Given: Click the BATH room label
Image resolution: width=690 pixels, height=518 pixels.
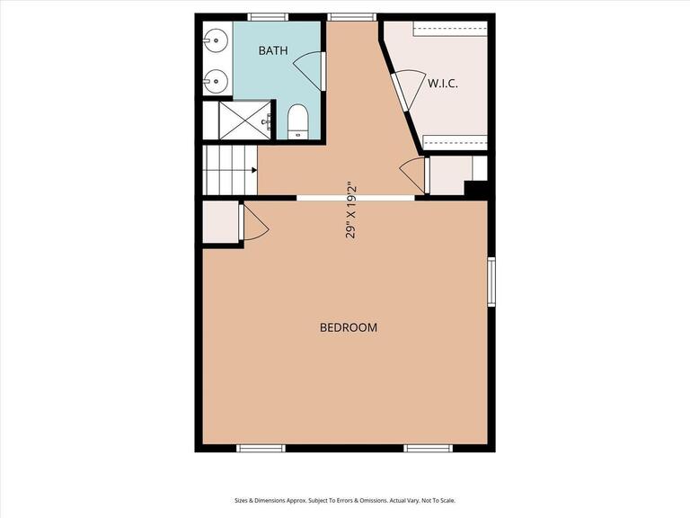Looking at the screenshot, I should pyautogui.click(x=273, y=50).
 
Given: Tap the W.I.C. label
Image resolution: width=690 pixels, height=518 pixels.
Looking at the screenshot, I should pyautogui.click(x=443, y=84).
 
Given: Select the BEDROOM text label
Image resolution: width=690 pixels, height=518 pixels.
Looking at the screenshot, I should pyautogui.click(x=349, y=327).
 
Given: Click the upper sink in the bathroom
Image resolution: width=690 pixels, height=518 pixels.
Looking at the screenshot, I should pyautogui.click(x=216, y=40).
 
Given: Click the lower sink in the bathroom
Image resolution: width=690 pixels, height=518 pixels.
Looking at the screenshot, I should pyautogui.click(x=216, y=82).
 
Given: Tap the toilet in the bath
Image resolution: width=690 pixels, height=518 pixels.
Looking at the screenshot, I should pyautogui.click(x=298, y=121).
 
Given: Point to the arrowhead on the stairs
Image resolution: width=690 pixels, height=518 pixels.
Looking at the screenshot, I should pyautogui.click(x=254, y=169).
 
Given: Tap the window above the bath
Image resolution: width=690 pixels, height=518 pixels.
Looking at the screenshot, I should pyautogui.click(x=268, y=16).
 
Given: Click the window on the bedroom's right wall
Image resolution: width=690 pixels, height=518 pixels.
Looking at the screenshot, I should pyautogui.click(x=491, y=281).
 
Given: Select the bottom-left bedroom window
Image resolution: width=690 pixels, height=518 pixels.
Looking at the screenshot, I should pyautogui.click(x=261, y=448).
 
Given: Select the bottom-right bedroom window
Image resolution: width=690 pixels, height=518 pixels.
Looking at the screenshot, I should pyautogui.click(x=429, y=448).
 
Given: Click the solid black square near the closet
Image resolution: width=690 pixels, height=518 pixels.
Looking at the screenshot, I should pyautogui.click(x=475, y=190).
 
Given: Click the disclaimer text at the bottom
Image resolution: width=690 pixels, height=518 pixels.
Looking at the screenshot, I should pyautogui.click(x=345, y=500).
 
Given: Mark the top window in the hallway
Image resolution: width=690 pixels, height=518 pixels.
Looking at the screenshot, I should pyautogui.click(x=350, y=16).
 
